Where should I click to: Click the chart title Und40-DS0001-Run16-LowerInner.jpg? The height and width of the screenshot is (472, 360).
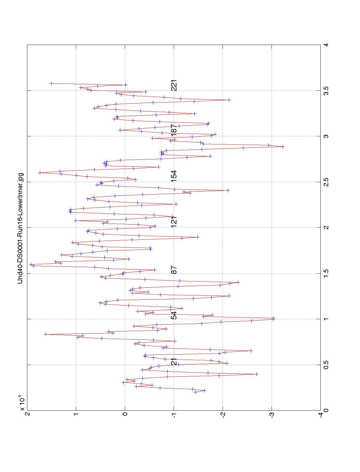(20, 228)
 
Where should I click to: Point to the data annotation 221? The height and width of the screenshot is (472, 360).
(174, 85)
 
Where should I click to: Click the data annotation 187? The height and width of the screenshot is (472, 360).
(174, 130)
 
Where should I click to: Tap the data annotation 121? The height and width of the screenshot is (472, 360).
(174, 222)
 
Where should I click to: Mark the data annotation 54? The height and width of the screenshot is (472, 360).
(174, 316)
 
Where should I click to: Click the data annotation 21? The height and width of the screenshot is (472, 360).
(174, 362)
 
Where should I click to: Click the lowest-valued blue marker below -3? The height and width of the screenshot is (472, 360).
(283, 147)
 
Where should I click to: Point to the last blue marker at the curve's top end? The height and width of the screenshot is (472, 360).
(51, 84)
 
